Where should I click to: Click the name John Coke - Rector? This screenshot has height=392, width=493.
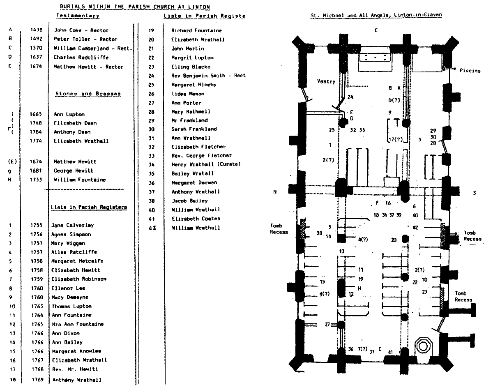click(76, 30)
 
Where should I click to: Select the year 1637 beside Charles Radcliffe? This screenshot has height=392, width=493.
click(35, 58)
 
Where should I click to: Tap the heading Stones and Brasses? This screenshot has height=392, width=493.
click(88, 94)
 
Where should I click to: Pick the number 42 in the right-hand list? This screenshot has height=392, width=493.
click(152, 228)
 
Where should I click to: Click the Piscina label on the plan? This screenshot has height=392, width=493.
click(470, 71)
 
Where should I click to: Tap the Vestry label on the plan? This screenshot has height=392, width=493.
click(326, 81)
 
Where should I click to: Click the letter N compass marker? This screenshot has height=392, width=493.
click(274, 192)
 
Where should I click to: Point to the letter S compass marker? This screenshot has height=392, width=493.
click(474, 192)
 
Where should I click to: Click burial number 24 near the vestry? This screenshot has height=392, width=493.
click(350, 97)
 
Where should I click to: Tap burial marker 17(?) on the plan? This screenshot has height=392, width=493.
click(395, 140)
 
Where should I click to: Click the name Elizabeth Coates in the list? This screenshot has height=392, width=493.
click(196, 219)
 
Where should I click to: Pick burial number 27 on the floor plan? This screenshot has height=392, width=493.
click(327, 325)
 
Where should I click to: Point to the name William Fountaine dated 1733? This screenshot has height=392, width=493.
click(79, 180)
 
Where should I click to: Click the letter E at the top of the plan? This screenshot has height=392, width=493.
click(376, 30)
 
